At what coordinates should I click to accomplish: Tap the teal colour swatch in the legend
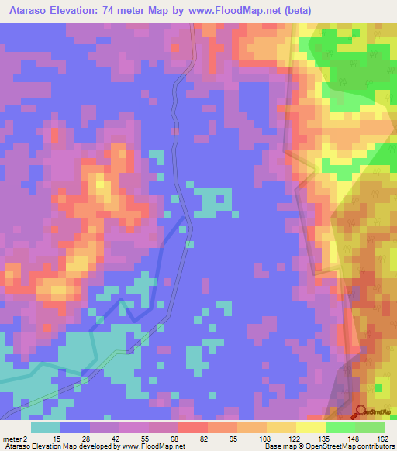coord(46,427)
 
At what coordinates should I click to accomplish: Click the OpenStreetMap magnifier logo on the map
coord(361,411)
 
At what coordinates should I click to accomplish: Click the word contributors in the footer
coord(372,446)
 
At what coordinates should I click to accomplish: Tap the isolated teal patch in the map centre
coord(211,202)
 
